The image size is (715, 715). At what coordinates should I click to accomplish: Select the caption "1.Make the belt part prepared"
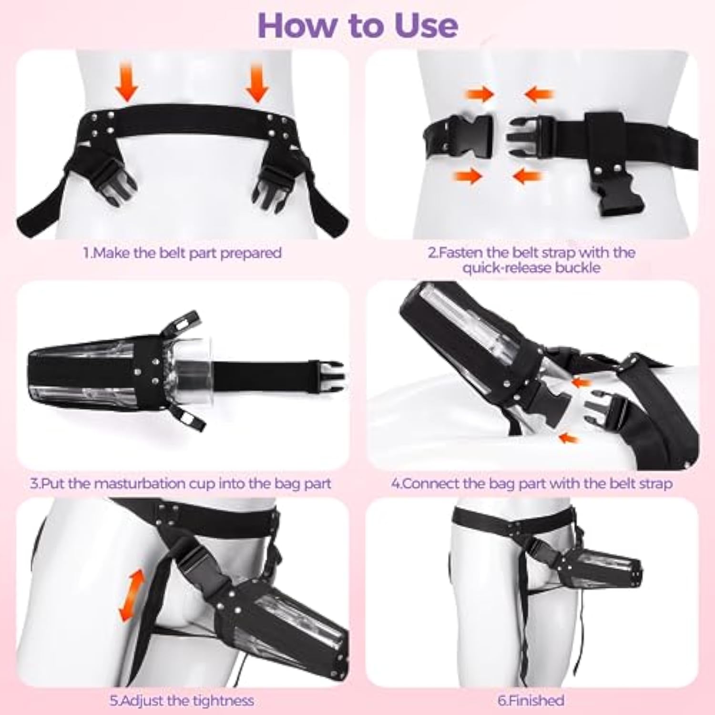click(x=183, y=253)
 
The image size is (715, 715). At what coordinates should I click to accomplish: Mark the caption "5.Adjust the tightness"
click(x=182, y=701)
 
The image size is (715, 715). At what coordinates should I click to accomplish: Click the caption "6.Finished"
click(x=531, y=700)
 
